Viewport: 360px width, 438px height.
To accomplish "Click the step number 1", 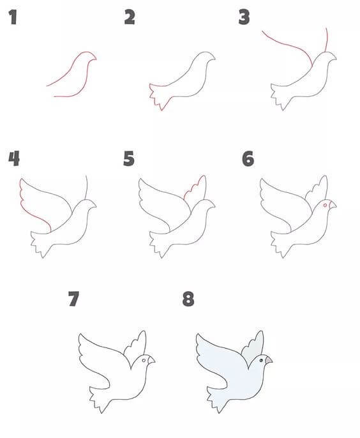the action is [x=13, y=17].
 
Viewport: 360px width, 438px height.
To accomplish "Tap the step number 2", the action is [x=130, y=17].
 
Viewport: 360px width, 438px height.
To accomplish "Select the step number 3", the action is [x=244, y=17].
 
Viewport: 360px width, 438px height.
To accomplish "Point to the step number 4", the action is [x=14, y=158].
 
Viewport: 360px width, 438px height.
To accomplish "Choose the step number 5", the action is [x=129, y=158].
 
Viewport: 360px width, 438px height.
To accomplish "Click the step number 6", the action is [x=248, y=158].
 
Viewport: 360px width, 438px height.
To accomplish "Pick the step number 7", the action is [x=74, y=299].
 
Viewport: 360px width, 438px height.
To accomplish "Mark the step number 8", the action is [x=188, y=299].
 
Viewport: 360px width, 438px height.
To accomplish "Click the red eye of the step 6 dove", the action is [x=325, y=206].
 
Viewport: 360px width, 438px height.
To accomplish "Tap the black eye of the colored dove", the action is [x=261, y=361].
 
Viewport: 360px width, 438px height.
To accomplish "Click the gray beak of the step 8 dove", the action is [x=269, y=360].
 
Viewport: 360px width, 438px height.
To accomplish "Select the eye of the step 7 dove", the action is [x=144, y=361].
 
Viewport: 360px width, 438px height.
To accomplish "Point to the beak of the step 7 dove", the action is [x=151, y=360].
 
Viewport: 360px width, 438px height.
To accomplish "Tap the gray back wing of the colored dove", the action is [x=252, y=346].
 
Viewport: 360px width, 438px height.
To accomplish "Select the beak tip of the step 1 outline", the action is [x=96, y=59].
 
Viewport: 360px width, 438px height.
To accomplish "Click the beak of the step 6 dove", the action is [x=333, y=205].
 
